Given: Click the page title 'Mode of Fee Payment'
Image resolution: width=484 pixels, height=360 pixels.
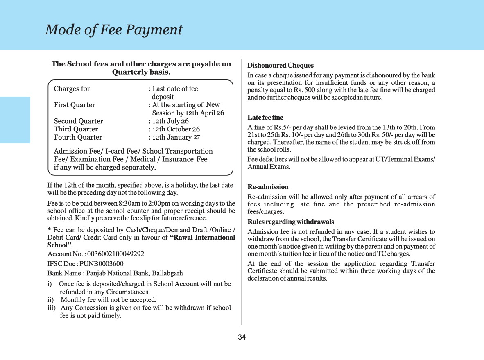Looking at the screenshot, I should click(113, 30).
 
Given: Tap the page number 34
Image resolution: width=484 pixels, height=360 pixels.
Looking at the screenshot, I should click(242, 337).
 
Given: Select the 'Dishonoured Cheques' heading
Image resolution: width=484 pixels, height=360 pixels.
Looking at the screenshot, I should click(280, 66).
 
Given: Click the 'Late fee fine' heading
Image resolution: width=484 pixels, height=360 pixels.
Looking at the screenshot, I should click(265, 118).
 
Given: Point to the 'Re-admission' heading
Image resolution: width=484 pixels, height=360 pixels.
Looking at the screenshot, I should click(268, 187).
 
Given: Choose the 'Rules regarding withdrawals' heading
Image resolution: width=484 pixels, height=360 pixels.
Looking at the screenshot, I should click(291, 222).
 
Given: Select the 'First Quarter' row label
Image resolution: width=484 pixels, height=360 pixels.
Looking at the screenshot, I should click(75, 105).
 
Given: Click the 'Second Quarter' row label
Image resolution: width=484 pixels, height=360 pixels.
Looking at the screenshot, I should click(79, 121).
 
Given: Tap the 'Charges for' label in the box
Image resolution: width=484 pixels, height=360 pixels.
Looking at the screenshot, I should click(72, 89).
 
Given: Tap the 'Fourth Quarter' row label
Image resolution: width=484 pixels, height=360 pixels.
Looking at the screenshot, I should click(78, 138).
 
